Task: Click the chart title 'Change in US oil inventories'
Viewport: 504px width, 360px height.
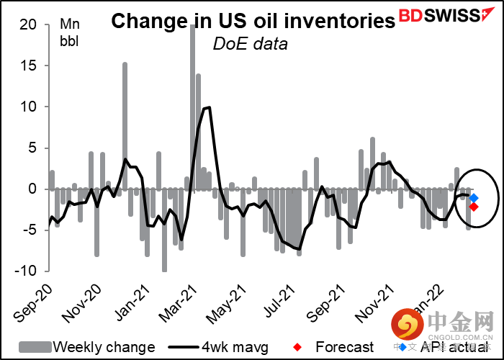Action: (x=253, y=22)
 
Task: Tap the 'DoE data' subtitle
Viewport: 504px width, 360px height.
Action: (x=250, y=45)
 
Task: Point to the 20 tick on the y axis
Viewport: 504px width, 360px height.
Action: (x=30, y=24)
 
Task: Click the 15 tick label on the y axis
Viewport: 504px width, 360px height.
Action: (x=30, y=66)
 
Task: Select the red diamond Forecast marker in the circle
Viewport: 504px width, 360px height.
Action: (x=474, y=207)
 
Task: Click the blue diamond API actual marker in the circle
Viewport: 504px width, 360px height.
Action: (x=474, y=197)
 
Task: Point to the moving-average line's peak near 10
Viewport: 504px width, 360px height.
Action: (x=208, y=108)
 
